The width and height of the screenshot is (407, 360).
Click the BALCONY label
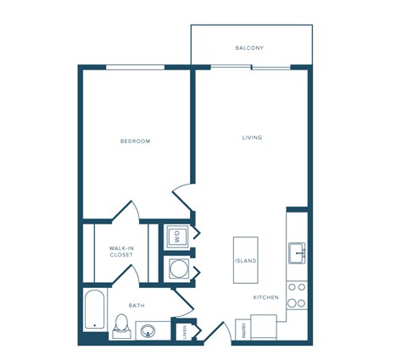pos(251,47)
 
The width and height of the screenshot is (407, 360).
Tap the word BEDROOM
pos(136,141)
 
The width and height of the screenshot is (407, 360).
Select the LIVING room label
pos(252,137)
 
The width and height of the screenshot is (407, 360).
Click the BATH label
pos(136,305)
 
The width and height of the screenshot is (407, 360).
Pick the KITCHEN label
pos(265,297)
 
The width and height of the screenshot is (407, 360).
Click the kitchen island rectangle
pos(246,260)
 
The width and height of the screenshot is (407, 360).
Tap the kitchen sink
pos(297,252)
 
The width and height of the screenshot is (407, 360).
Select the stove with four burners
pos(297,295)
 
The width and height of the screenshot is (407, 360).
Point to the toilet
pos(121,325)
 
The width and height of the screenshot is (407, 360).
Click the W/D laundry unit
pos(177,236)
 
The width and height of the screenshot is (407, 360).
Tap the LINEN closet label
pos(185,331)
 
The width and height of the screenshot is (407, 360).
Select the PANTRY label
pos(241,329)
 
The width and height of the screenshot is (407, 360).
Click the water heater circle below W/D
pos(177,269)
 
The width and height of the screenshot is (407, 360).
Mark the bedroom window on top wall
pos(136,67)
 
